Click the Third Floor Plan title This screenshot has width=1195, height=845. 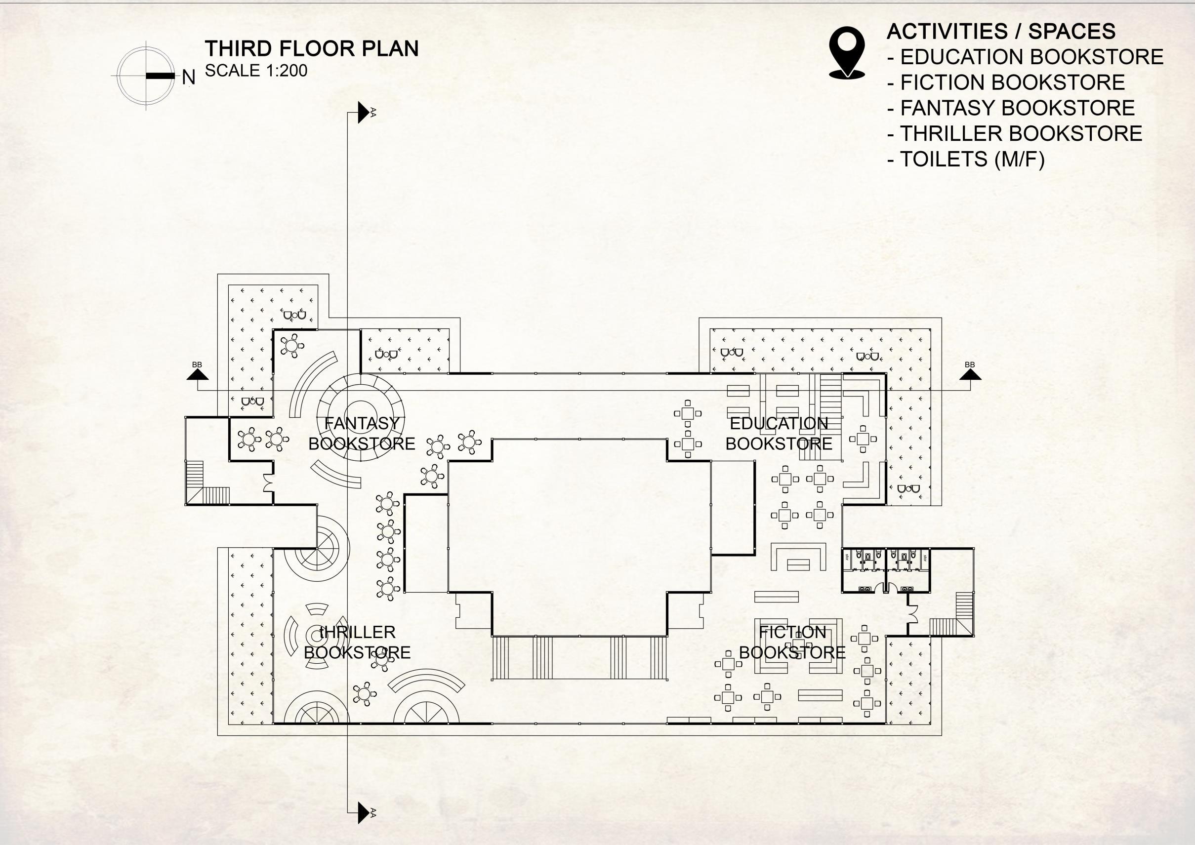coord(311,48)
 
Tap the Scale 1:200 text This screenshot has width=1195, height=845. coord(256,70)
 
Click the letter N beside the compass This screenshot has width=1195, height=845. coord(188,78)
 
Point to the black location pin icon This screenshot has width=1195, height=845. coord(847,52)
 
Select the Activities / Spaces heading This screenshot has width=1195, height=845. coord(1000,31)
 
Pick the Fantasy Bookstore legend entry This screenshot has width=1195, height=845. coord(1011,108)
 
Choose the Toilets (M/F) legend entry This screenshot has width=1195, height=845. coord(965,159)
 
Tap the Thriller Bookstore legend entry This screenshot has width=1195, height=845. coord(1014,133)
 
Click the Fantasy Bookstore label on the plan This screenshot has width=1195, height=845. coord(362,434)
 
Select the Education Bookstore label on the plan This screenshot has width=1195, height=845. coord(779,434)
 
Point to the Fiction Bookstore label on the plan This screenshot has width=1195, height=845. coord(792,642)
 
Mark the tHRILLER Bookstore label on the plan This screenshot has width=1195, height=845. coord(357,642)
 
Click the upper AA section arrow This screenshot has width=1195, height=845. coord(363,113)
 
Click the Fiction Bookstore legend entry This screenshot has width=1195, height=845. coord(1006,82)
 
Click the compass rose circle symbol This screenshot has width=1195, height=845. coord(146,76)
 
